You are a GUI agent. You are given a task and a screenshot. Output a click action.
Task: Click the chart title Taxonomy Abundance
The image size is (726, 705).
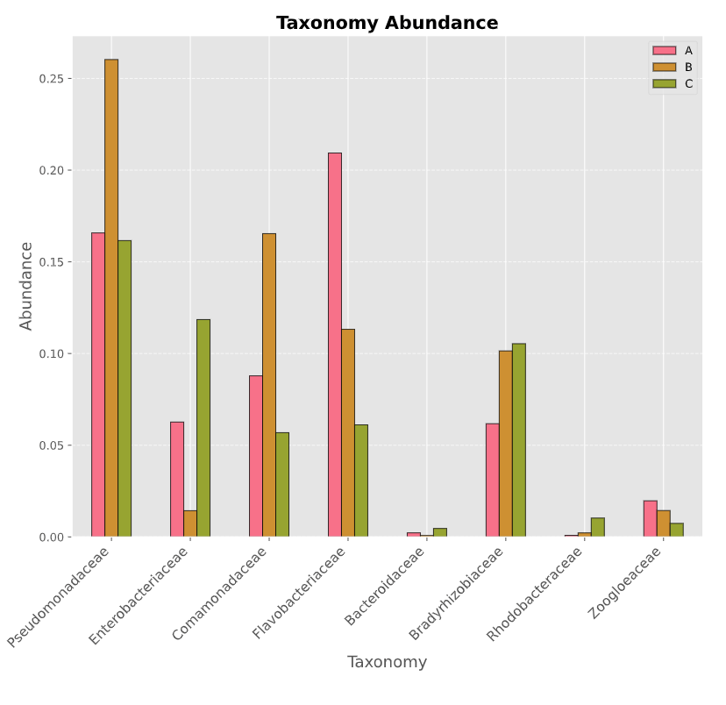387,24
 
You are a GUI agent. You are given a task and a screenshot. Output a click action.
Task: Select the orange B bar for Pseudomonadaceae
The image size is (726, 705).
111,298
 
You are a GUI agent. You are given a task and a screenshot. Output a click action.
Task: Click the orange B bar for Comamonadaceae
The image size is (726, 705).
269,385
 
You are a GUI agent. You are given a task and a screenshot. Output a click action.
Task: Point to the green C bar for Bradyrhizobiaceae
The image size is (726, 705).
519,440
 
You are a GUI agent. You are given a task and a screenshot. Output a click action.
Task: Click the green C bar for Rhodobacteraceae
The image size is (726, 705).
598,527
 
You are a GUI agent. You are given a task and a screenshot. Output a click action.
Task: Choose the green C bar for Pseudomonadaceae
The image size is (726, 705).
125,388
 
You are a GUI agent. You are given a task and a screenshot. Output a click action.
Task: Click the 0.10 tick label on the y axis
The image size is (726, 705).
49,353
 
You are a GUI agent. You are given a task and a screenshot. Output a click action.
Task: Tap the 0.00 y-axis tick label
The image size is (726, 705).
49,537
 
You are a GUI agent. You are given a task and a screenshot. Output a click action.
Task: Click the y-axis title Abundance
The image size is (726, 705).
26,286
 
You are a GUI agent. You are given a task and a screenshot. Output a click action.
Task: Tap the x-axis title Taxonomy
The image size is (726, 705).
387,662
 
